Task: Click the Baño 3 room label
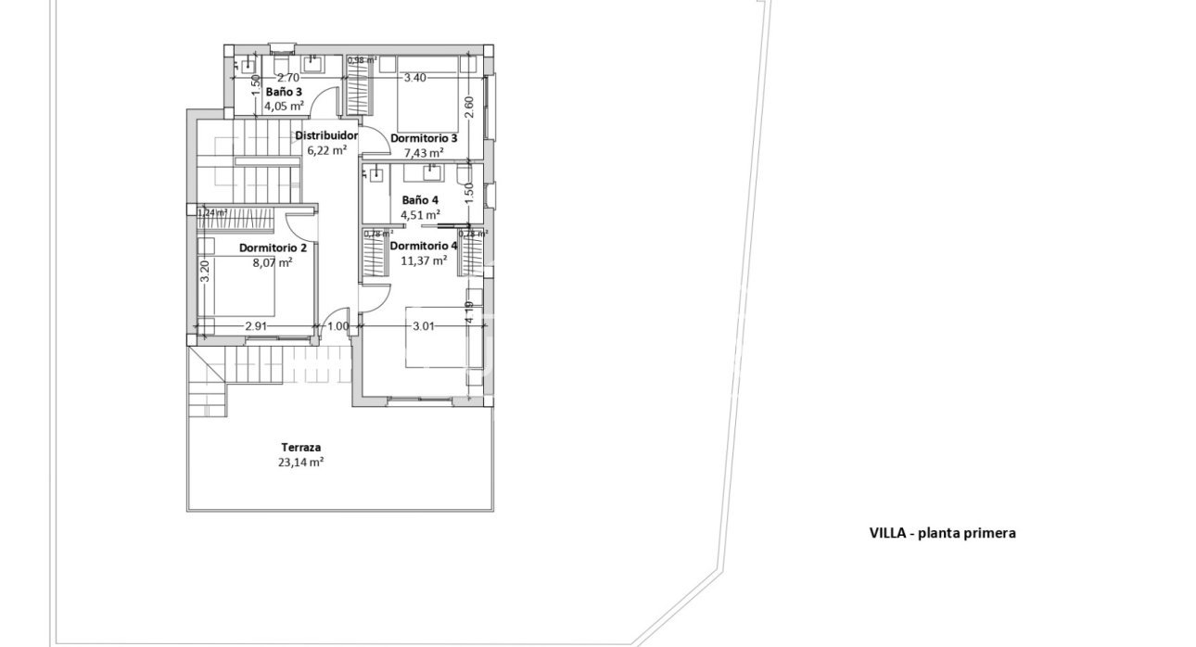pyautogui.click(x=284, y=93)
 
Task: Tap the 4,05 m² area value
pyautogui.click(x=284, y=106)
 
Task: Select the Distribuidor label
pyautogui.click(x=326, y=135)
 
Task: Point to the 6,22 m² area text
pyautogui.click(x=327, y=149)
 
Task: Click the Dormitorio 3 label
pyautogui.click(x=424, y=138)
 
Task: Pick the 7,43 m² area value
pyautogui.click(x=424, y=152)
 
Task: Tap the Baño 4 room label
pyautogui.click(x=420, y=200)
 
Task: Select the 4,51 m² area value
pyautogui.click(x=420, y=215)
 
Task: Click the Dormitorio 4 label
pyautogui.click(x=424, y=246)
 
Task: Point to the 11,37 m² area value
pyautogui.click(x=424, y=260)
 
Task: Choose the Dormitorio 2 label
pyautogui.click(x=273, y=248)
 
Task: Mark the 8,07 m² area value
pyautogui.click(x=273, y=262)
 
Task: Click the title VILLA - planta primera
pyautogui.click(x=942, y=533)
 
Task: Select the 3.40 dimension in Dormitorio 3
pyautogui.click(x=414, y=78)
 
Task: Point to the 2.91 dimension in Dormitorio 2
pyautogui.click(x=257, y=326)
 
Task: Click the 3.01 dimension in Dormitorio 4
pyautogui.click(x=424, y=326)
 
